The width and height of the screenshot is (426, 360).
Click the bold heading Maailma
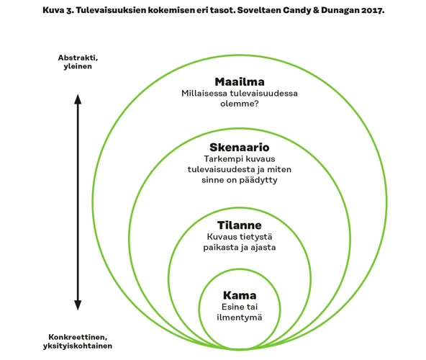(x=240, y=81)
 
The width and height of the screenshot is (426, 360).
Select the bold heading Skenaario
(x=240, y=147)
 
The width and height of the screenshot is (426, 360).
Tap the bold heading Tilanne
(x=240, y=225)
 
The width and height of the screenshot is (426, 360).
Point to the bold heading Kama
(x=240, y=295)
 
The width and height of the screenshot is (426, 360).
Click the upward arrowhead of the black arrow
(x=78, y=99)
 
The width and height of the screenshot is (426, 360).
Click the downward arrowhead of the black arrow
(x=78, y=305)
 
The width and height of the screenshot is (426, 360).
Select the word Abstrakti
(x=78, y=58)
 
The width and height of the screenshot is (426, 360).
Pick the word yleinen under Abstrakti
(x=78, y=66)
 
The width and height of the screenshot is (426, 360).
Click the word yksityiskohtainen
(x=78, y=346)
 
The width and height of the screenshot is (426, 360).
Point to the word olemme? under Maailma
(x=240, y=104)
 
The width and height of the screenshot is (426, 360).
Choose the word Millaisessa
(x=204, y=94)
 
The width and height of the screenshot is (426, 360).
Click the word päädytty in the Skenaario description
(x=258, y=180)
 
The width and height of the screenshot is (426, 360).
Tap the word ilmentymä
(x=240, y=318)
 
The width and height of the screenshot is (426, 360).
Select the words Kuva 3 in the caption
(x=58, y=10)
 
